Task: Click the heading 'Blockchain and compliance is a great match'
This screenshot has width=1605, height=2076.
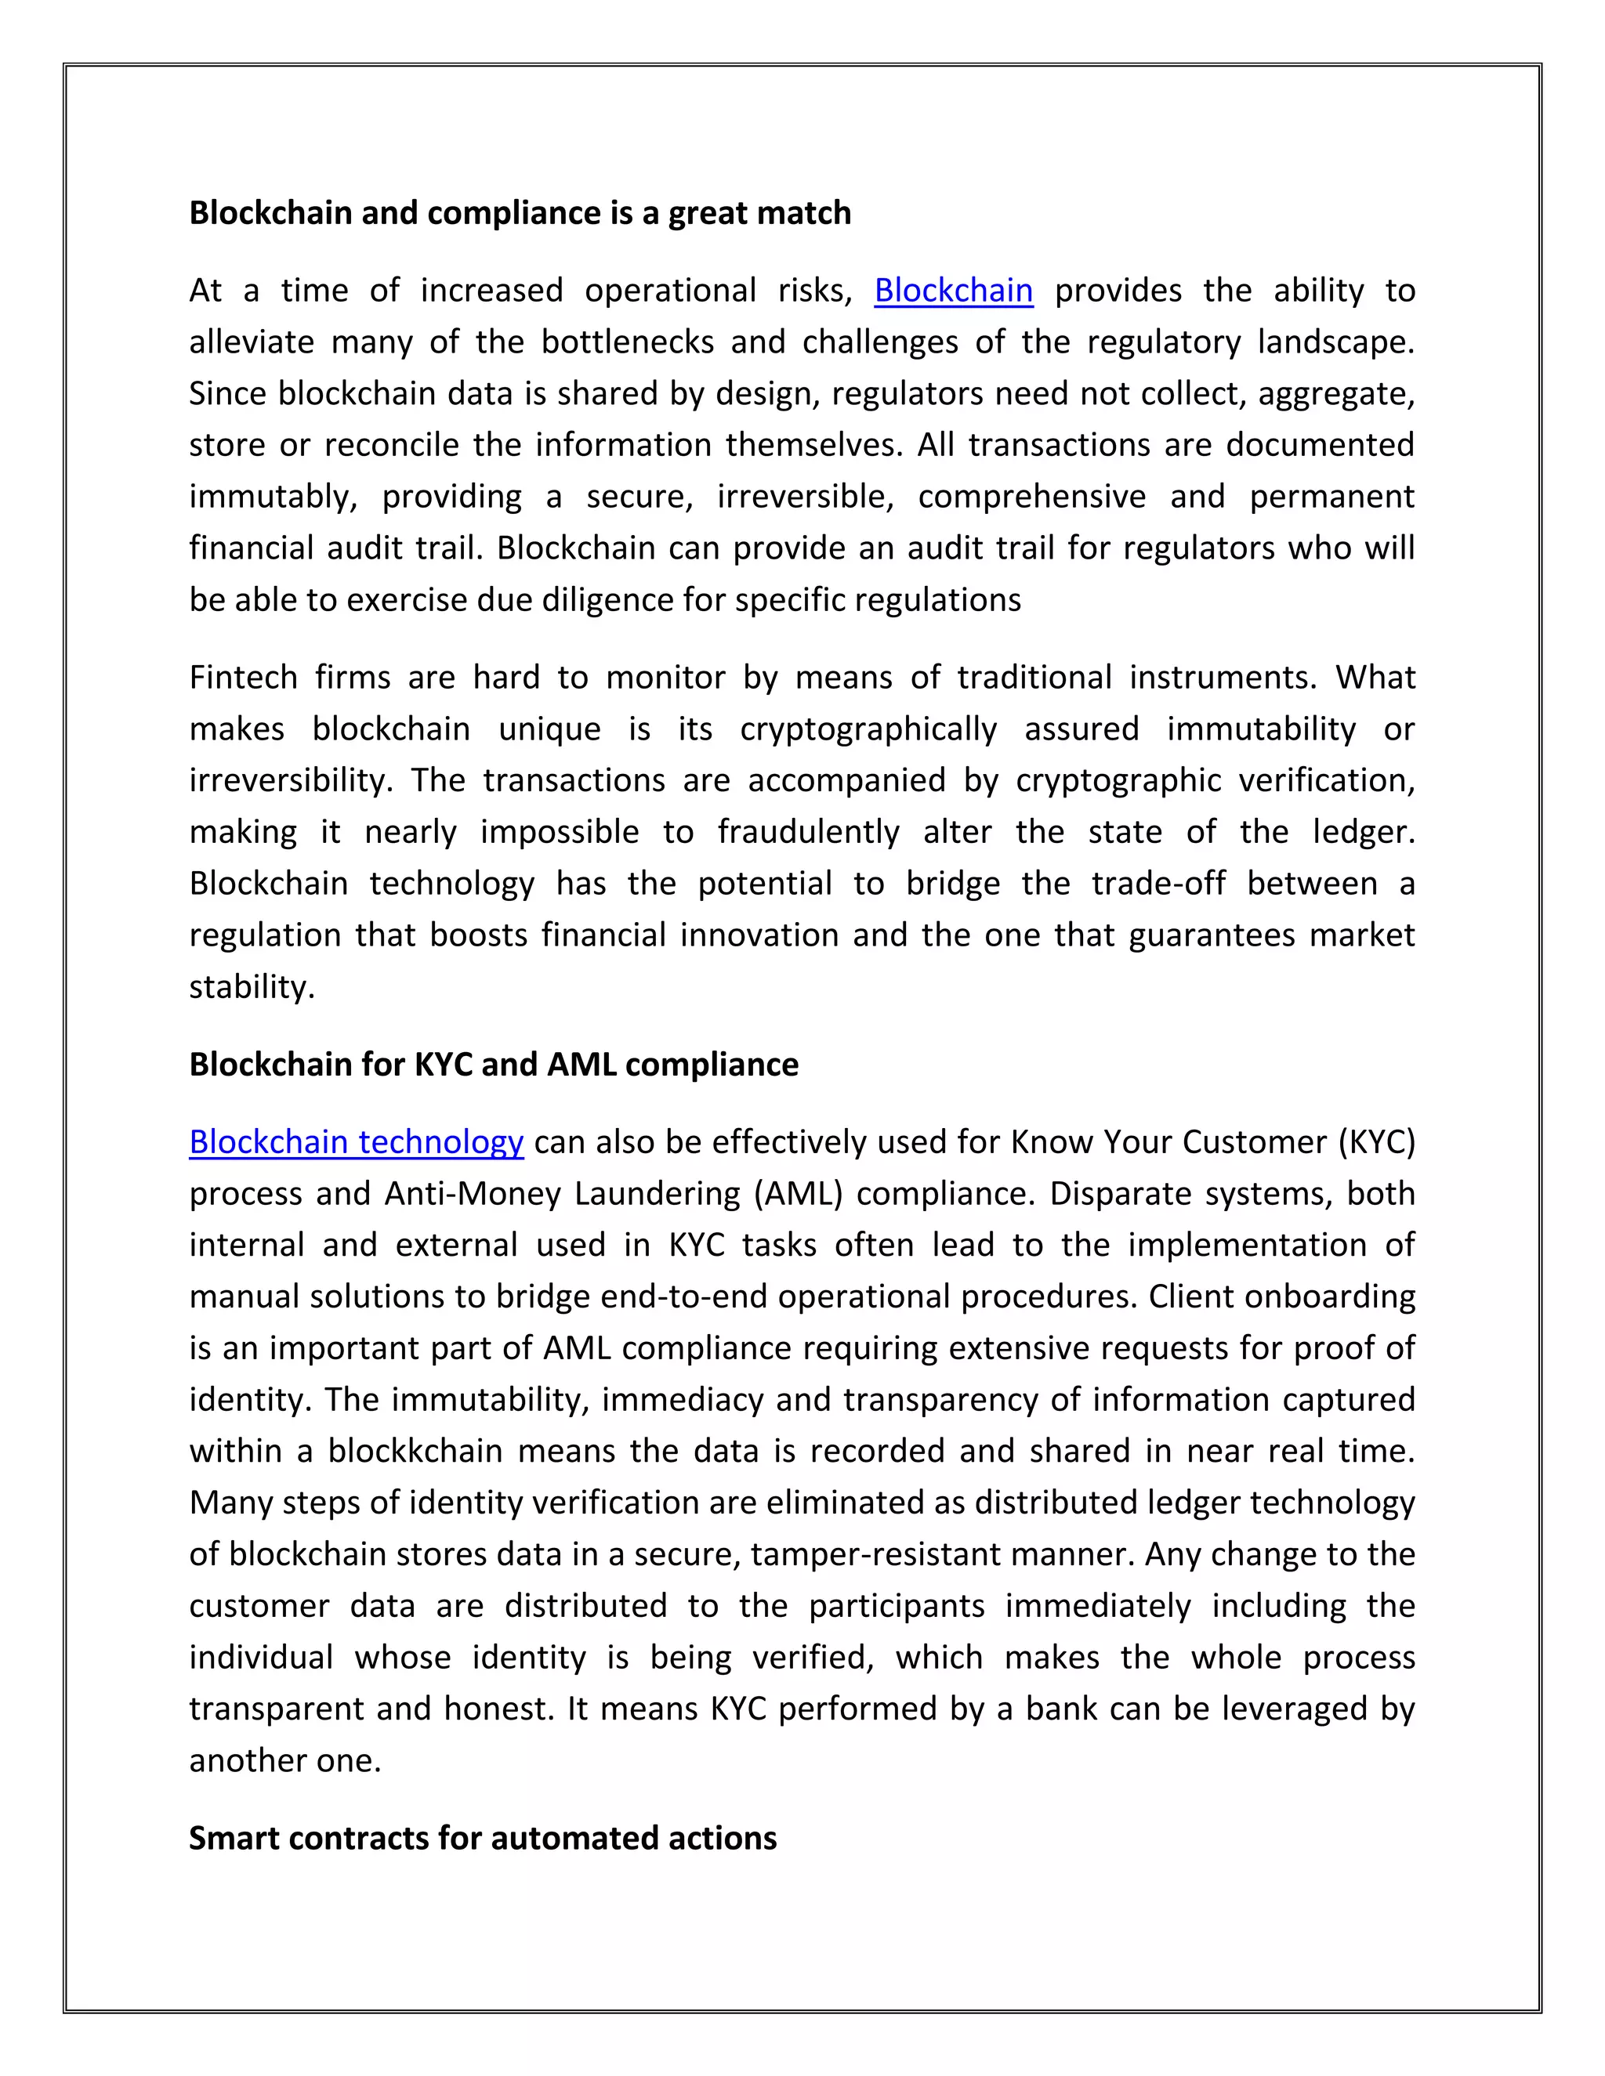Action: (520, 213)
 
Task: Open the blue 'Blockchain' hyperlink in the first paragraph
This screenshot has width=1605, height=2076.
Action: (953, 290)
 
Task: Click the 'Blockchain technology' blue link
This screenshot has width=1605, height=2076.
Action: (356, 1141)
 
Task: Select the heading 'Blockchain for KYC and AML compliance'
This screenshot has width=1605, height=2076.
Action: (494, 1065)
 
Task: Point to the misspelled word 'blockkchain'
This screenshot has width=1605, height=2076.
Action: (415, 1451)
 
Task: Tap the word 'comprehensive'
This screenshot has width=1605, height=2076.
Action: (1031, 496)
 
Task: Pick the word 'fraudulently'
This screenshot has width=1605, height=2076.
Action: (808, 832)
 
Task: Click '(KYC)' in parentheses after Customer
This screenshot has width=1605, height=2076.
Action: (1376, 1141)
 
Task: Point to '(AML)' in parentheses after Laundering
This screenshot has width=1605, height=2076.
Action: (798, 1193)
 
